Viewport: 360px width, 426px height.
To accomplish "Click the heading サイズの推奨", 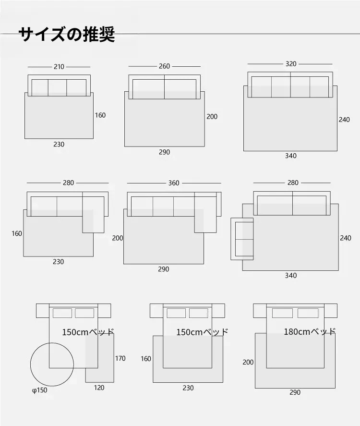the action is (67, 34).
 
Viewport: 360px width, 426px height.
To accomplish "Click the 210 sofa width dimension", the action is (59, 67).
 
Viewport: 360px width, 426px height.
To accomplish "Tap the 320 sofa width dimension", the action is (291, 64).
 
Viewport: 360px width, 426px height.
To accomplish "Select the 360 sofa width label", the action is (174, 183).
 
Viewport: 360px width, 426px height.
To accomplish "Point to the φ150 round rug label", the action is (40, 390).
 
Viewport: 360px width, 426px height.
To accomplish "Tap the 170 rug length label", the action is (120, 359).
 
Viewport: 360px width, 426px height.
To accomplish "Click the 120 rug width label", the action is (99, 388).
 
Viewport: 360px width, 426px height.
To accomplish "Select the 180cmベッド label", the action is (310, 332).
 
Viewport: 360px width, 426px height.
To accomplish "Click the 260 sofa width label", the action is (164, 66).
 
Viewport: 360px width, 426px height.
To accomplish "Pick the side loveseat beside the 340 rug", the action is (242, 239).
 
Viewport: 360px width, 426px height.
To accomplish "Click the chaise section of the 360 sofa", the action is (205, 212).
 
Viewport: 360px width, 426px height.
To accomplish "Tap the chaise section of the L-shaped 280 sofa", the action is (93, 212).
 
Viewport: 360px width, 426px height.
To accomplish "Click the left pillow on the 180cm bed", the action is (282, 313).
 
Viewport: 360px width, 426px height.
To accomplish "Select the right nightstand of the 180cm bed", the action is (331, 311).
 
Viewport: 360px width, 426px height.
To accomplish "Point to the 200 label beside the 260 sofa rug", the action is (212, 117).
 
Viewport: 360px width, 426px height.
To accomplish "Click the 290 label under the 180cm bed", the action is (295, 392).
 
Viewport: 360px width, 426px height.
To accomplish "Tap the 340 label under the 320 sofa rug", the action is (291, 156).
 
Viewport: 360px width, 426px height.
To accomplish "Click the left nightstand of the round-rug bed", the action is (43, 311).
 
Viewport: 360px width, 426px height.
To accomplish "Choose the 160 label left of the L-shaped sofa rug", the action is (17, 233).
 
